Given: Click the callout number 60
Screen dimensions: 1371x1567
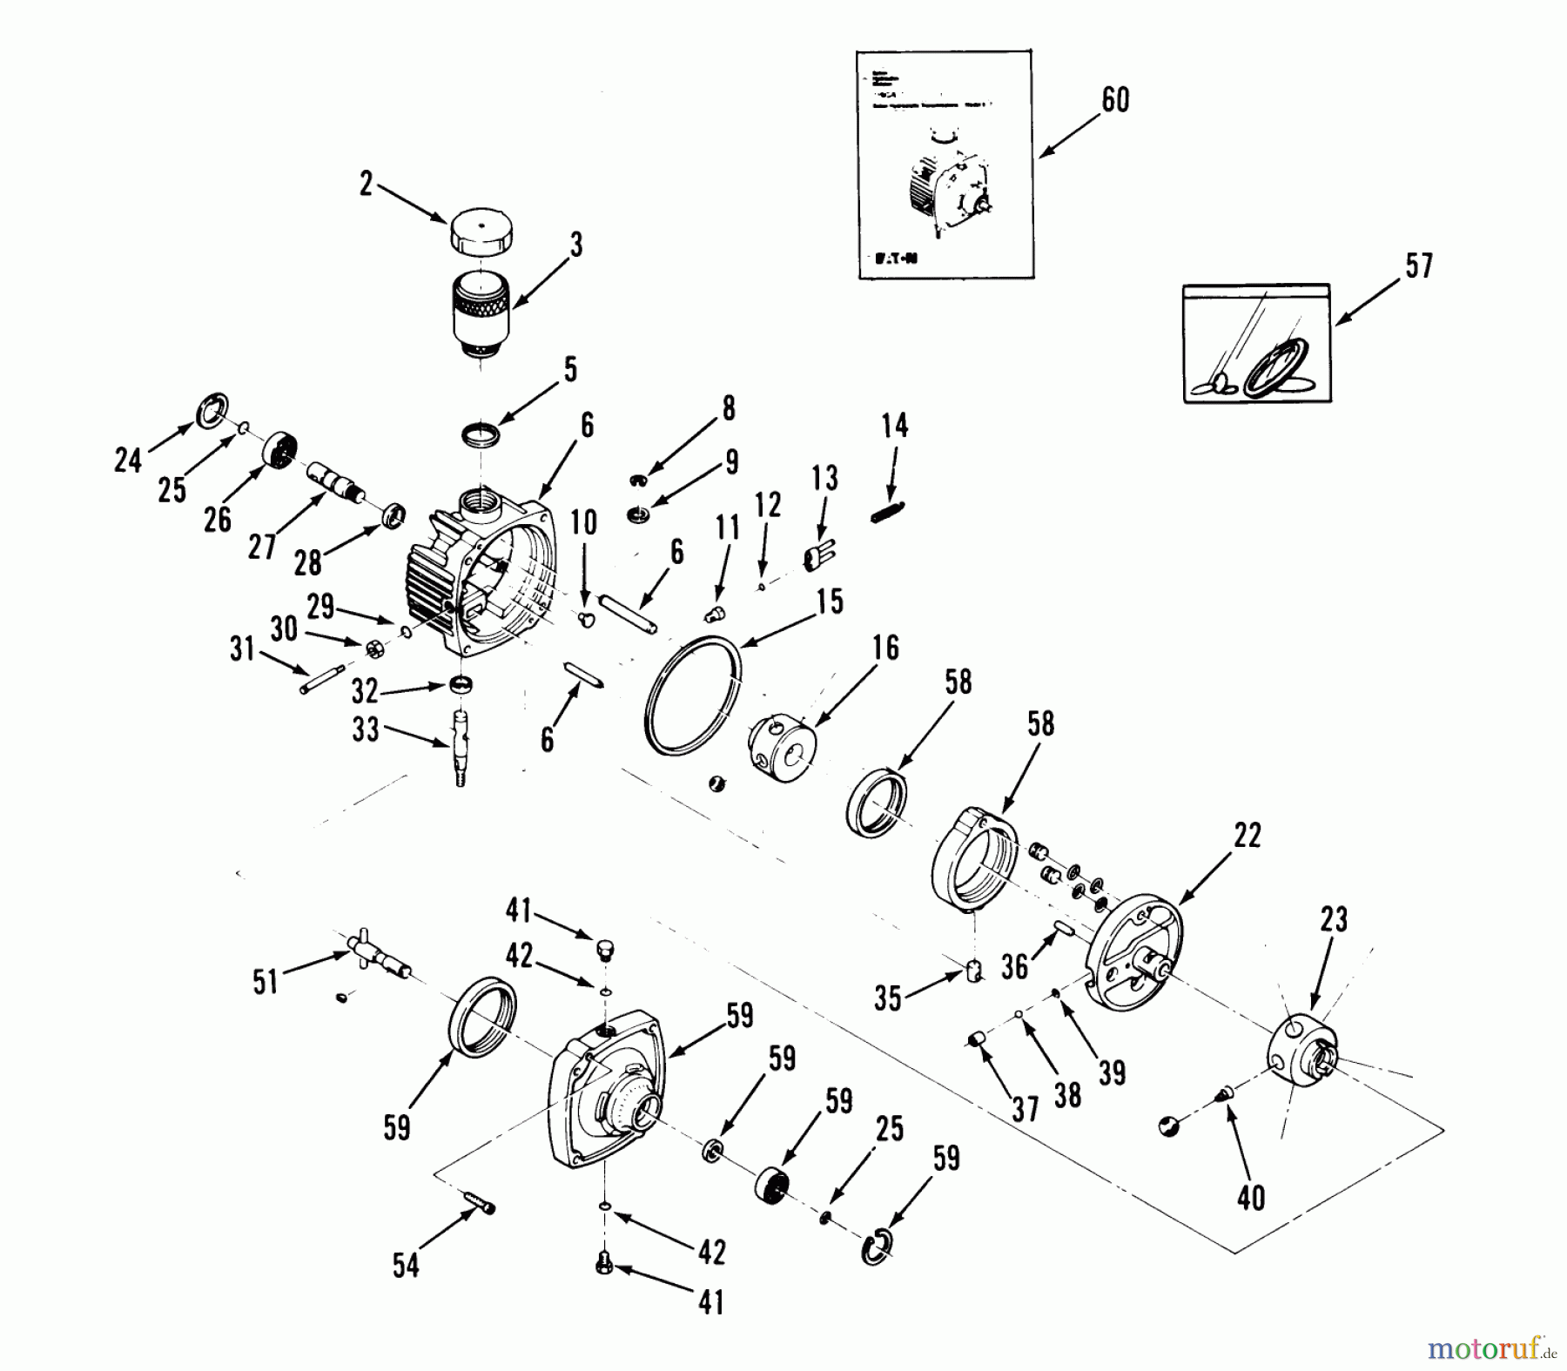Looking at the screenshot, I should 1115,100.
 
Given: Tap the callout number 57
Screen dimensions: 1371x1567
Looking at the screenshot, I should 1418,265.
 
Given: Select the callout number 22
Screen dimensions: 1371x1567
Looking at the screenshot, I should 1247,835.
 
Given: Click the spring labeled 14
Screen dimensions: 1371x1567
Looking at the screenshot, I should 889,513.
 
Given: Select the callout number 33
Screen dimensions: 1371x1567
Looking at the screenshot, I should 366,729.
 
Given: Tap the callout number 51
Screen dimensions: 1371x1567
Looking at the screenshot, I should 266,982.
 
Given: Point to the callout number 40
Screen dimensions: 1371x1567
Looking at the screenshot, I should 1250,1198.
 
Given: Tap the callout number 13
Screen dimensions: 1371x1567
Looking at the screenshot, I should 824,477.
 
